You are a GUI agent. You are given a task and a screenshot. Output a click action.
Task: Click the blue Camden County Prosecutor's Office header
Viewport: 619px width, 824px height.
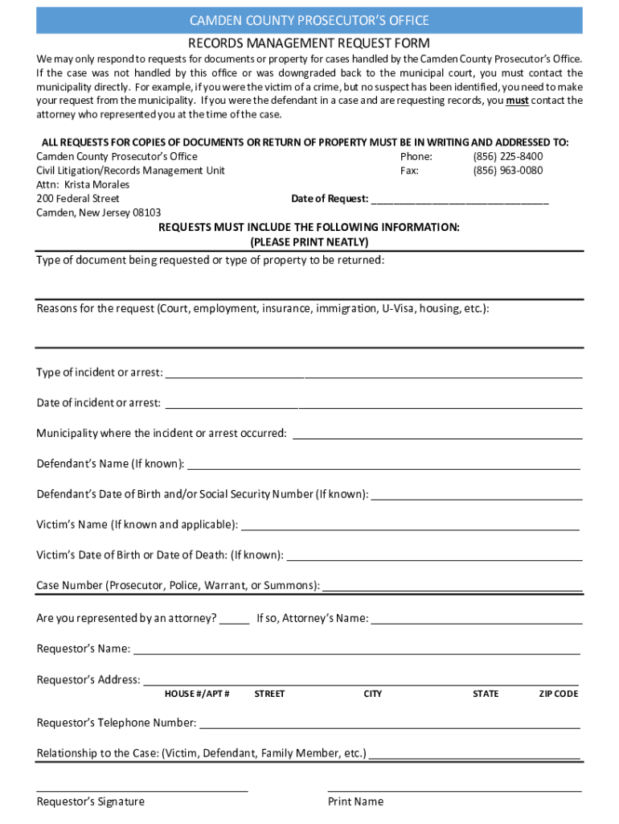[309, 20]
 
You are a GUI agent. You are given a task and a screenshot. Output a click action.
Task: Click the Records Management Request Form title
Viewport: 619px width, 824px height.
[309, 43]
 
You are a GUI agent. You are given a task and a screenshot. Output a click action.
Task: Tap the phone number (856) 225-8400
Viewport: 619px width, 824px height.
[507, 157]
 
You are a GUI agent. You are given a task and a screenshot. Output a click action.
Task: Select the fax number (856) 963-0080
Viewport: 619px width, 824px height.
[507, 171]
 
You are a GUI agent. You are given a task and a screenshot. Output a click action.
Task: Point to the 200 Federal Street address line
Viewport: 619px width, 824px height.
[78, 199]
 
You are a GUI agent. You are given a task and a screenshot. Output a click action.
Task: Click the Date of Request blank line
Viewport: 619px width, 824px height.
[460, 200]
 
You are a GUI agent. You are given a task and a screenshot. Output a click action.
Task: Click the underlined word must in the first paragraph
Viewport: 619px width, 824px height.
[517, 101]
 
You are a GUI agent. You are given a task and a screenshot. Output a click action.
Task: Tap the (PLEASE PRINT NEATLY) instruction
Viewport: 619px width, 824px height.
[309, 242]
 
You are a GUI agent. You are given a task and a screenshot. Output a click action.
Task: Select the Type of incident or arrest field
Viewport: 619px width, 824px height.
[373, 373]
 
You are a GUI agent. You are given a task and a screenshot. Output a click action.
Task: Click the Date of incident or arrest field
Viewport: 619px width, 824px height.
[373, 404]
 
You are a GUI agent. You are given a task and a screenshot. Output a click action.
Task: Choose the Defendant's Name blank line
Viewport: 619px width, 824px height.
[383, 464]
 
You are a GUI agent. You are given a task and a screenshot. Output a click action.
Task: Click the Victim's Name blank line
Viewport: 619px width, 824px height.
[410, 526]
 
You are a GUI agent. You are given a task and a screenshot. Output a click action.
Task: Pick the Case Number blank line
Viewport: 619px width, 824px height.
[452, 587]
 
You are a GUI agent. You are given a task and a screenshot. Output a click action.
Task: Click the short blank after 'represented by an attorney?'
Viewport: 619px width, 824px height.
[235, 620]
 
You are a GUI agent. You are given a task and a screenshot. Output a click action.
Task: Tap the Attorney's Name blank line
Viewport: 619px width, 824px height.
[476, 620]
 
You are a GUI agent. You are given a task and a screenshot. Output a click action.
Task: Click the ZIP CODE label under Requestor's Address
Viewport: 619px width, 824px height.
[558, 694]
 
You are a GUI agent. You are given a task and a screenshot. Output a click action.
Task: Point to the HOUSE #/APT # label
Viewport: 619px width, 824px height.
[197, 694]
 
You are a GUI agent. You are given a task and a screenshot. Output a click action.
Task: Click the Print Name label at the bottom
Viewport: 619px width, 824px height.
[355, 801]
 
